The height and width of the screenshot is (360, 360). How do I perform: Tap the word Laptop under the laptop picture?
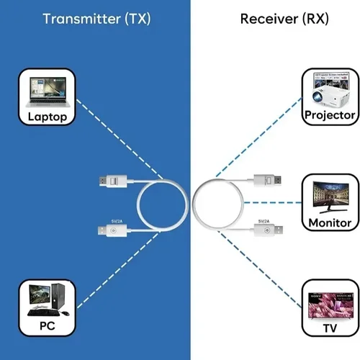[47, 117]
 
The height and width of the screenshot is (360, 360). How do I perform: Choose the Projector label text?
[330, 115]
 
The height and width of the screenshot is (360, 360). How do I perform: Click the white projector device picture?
[330, 90]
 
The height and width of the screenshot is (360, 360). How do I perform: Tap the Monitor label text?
[330, 223]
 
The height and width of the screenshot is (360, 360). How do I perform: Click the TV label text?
[330, 328]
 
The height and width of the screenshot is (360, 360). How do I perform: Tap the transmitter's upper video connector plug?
[114, 179]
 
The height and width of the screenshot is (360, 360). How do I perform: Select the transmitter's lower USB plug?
[113, 230]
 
